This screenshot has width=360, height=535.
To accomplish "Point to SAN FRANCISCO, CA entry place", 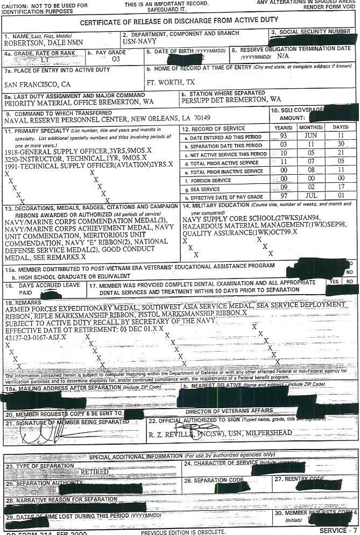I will point(37,84).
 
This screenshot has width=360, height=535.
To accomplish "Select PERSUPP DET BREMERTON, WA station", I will point(231,99).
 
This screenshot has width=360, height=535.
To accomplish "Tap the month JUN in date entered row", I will point(311,137).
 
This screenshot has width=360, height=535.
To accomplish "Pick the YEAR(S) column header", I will point(283,128).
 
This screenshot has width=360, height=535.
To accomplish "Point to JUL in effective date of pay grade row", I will point(312,197).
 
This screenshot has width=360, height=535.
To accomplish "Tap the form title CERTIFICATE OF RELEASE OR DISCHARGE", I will point(179,20).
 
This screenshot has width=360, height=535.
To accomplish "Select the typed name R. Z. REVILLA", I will point(168,432).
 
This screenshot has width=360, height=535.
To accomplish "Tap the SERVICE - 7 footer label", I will point(337,531).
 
